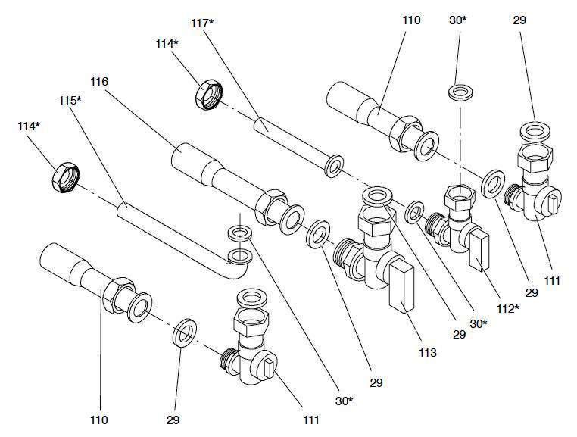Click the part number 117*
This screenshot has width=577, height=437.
point(203,23)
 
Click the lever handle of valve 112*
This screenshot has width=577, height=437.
point(480,251)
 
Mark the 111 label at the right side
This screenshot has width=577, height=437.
point(552,281)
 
